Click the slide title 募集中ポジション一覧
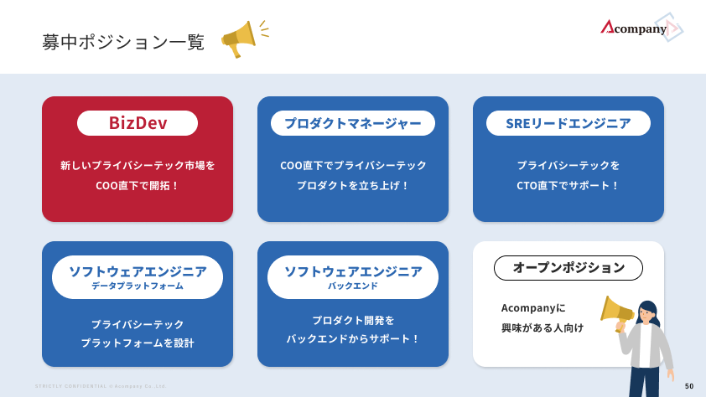[x=123, y=42]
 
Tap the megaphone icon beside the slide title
[x=241, y=39]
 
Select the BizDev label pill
[x=138, y=123]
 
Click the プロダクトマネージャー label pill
[x=352, y=123]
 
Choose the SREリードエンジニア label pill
[x=568, y=123]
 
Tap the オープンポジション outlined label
[x=568, y=268]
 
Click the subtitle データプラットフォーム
[x=138, y=286]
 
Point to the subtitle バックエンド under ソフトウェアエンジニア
[x=352, y=286]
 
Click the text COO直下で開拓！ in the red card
[x=138, y=185]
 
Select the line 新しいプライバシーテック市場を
[x=138, y=166]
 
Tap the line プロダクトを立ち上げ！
[x=352, y=185]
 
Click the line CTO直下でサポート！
[x=568, y=185]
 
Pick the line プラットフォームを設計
[x=138, y=343]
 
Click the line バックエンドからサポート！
[x=352, y=338]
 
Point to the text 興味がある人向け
[x=542, y=327]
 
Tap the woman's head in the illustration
[x=648, y=312]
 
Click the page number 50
[x=689, y=386]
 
